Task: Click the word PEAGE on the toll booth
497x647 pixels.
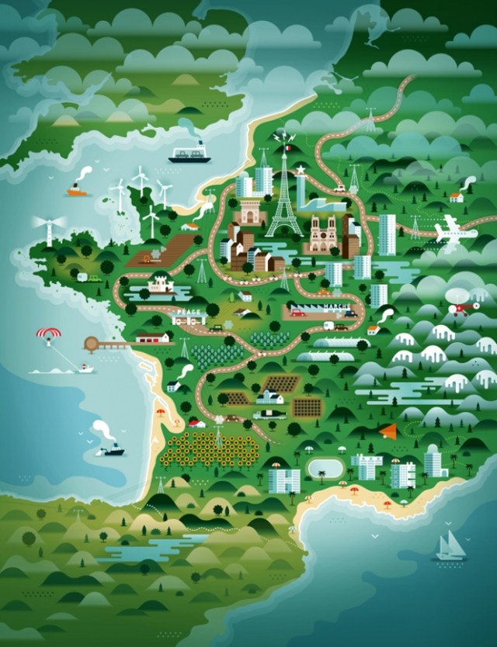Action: [x=188, y=312]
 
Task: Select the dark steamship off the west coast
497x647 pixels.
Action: [x=110, y=449]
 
